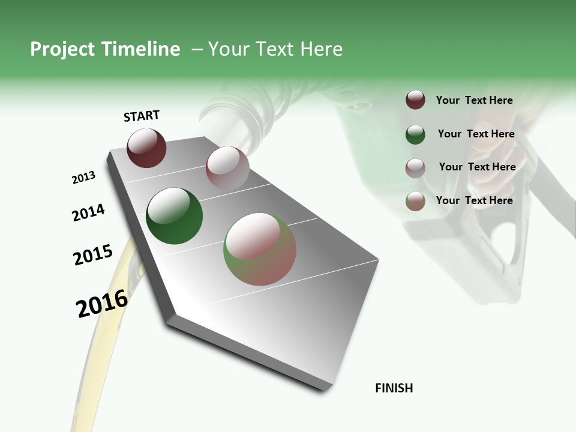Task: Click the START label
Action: click(142, 116)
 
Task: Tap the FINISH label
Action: click(394, 388)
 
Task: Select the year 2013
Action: click(83, 178)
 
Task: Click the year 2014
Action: click(88, 213)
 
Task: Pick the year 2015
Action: click(93, 255)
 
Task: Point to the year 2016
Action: click(102, 304)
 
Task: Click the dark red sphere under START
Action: click(146, 148)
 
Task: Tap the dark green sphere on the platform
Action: click(174, 216)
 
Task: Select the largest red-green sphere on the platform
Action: click(260, 249)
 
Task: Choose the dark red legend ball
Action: click(415, 100)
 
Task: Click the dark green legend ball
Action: click(415, 134)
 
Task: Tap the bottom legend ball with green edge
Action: click(415, 201)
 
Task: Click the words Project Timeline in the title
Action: click(105, 49)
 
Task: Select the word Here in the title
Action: click(321, 49)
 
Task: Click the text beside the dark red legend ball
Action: click(474, 100)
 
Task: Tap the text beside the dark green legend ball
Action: click(476, 134)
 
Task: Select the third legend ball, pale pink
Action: click(415, 168)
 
